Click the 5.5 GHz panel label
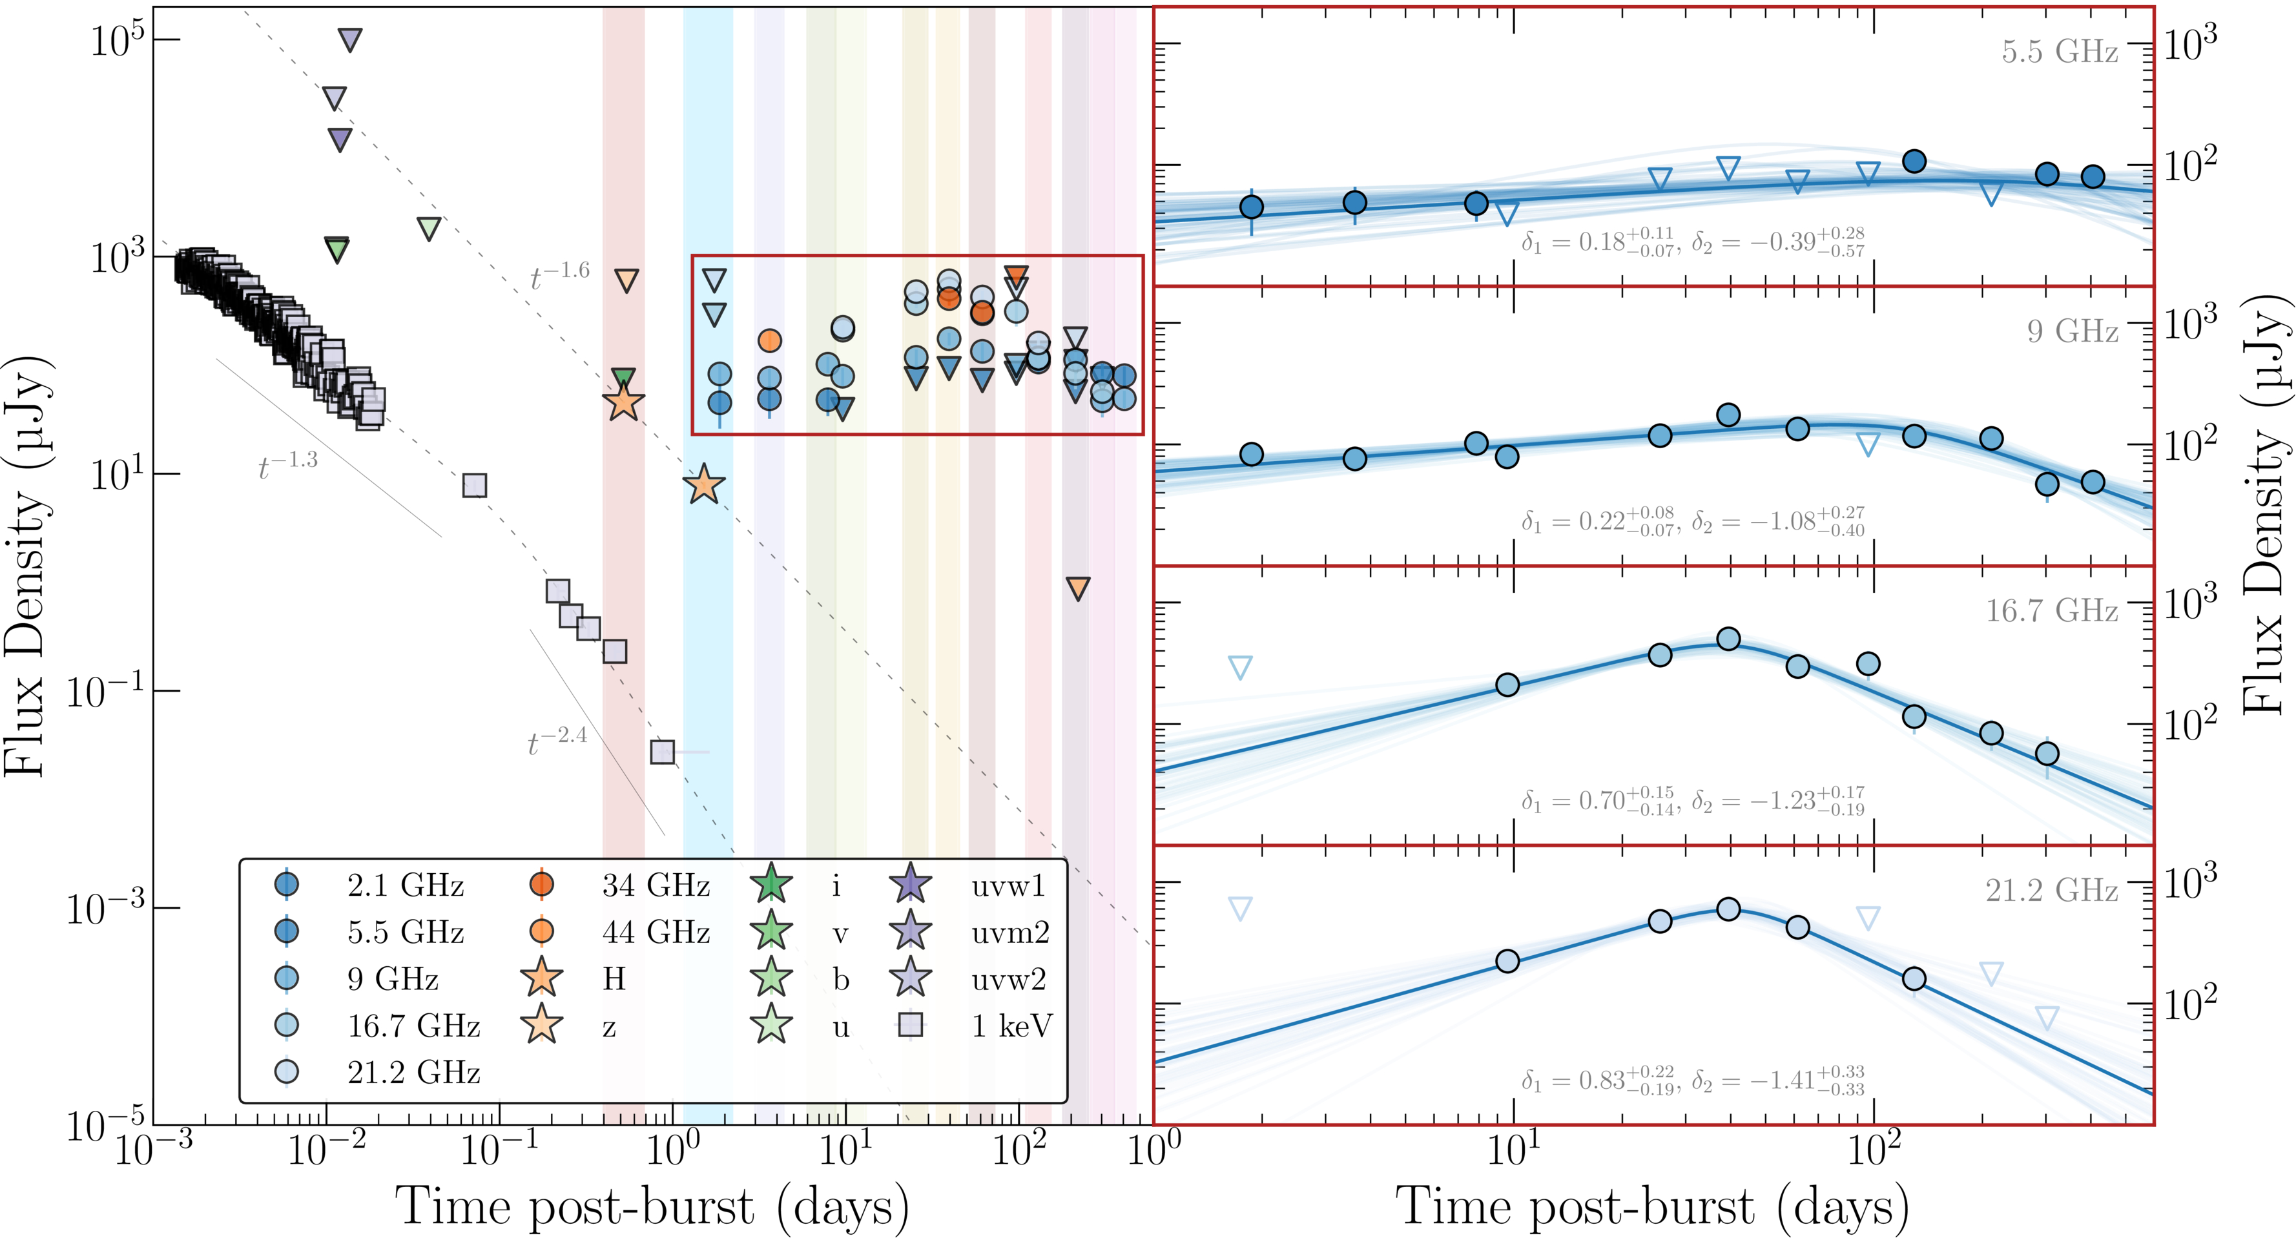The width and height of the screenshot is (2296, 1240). pos(2059,52)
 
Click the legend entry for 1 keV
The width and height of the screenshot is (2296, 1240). pos(1011,1026)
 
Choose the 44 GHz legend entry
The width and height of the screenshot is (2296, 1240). pos(655,933)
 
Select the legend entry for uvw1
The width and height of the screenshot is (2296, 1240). pos(1008,886)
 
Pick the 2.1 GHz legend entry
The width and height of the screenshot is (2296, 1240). pos(406,886)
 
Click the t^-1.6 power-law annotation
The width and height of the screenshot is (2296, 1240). pos(560,276)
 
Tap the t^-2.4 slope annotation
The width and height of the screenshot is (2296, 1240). pos(557,741)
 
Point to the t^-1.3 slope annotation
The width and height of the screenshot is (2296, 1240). pos(287,466)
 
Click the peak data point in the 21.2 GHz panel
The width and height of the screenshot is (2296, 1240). pos(1728,909)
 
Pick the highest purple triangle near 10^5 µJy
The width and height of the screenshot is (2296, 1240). pos(350,40)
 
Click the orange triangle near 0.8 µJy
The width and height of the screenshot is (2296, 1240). pos(1077,588)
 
